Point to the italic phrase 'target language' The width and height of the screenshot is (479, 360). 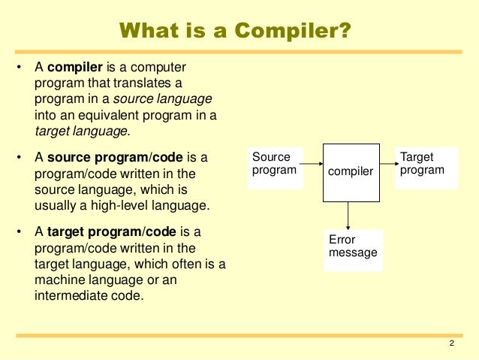(x=81, y=131)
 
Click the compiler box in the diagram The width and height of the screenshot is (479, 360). (x=351, y=172)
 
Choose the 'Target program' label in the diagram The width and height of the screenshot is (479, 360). (x=422, y=164)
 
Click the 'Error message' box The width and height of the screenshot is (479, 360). (x=353, y=247)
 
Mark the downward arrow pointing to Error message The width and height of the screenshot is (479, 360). (x=349, y=216)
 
